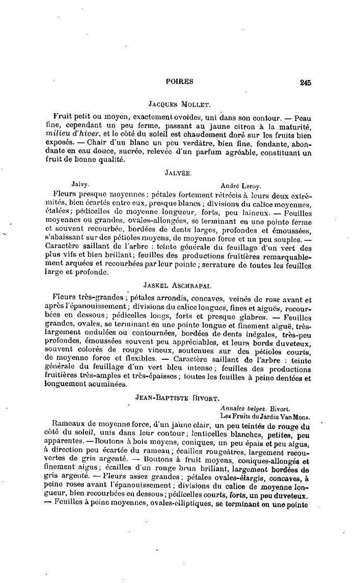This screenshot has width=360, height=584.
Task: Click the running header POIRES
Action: (x=180, y=81)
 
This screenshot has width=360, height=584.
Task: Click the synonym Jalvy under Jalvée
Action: (x=81, y=185)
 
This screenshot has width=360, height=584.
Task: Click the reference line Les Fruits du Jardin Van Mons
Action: (x=266, y=415)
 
